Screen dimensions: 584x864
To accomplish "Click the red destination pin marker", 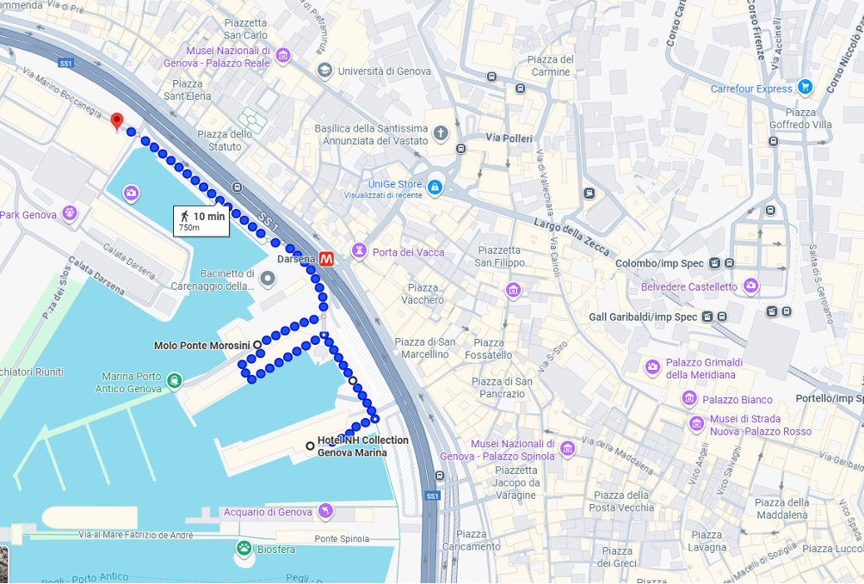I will click(117, 121).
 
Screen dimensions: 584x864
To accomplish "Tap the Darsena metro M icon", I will click(327, 258).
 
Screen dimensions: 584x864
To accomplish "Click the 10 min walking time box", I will click(202, 220).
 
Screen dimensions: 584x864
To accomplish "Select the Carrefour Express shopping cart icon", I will click(805, 87).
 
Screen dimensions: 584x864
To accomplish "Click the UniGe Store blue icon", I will click(435, 187).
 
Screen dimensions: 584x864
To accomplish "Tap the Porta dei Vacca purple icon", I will click(358, 251).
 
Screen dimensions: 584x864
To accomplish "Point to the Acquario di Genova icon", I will click(325, 513).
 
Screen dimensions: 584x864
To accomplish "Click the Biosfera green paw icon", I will click(244, 547).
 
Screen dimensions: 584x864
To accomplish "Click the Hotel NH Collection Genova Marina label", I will click(362, 446).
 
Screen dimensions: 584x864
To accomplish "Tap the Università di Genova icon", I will click(325, 70).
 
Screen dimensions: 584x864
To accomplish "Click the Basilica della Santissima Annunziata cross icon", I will click(441, 133).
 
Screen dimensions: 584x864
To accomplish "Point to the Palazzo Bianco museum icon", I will click(689, 398).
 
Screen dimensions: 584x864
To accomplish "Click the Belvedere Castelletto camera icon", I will click(751, 286).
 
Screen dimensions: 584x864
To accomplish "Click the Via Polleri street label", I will click(509, 138).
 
